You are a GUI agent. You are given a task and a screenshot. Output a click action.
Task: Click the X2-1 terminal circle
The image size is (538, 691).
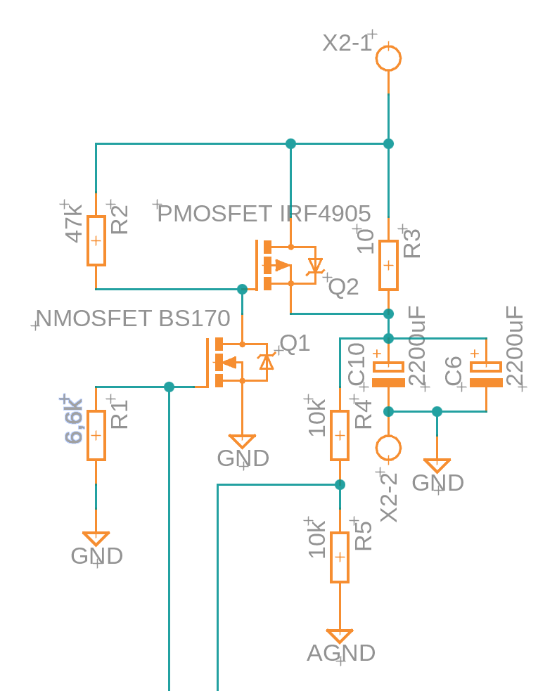(388, 58)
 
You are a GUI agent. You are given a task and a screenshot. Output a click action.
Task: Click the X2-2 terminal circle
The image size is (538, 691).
(388, 447)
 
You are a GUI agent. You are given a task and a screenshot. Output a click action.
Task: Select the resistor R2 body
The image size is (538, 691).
(96, 240)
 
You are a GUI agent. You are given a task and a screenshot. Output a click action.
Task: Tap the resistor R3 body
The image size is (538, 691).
(388, 265)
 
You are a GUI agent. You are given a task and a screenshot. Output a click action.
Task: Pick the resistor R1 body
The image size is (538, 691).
(96, 436)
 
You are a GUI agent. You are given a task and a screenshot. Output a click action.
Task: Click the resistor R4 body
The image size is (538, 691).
(340, 436)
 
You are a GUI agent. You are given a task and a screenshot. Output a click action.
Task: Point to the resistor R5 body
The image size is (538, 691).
(340, 557)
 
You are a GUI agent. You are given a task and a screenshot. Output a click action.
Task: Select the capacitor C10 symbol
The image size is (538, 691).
(388, 374)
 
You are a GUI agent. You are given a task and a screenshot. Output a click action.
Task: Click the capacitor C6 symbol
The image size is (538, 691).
(486, 374)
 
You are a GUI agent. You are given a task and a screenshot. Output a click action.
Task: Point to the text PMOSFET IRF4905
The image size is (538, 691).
(264, 214)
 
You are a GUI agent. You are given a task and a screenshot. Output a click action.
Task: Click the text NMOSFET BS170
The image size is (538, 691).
(133, 319)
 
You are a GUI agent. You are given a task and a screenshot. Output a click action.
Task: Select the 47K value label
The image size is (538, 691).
(75, 224)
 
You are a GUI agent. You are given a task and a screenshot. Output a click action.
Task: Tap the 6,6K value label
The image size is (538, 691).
(74, 421)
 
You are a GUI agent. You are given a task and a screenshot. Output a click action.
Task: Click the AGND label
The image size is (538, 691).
(340, 653)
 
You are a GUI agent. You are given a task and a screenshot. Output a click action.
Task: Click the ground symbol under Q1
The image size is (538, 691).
(243, 442)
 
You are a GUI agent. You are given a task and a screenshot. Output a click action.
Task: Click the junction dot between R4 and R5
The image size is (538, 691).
(340, 484)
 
